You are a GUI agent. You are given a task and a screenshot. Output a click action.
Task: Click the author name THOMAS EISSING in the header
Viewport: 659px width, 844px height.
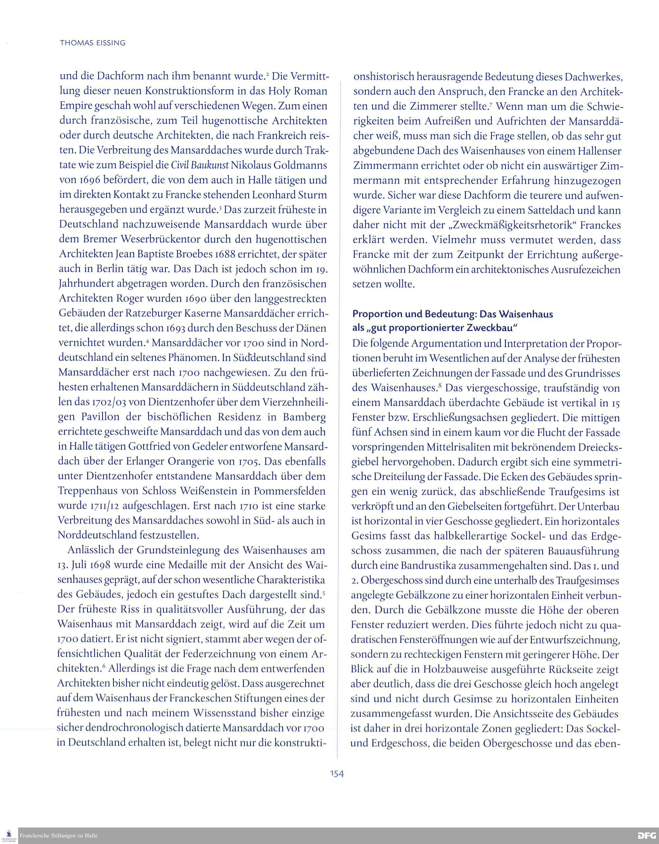coord(93,43)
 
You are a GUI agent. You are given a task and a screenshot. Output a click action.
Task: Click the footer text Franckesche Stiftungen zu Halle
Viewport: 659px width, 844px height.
coord(59,836)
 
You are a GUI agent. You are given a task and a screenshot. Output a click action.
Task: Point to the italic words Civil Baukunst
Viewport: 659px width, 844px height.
coord(200,165)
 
